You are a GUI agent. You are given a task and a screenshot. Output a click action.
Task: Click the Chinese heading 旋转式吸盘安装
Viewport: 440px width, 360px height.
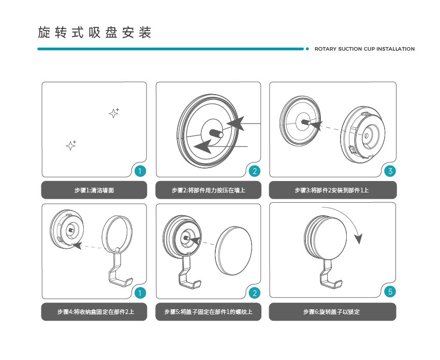coord(95,33)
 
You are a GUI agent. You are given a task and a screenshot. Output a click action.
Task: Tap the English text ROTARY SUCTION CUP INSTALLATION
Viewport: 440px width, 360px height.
coord(364,49)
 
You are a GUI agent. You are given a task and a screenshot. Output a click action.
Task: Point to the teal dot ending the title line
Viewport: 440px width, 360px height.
coord(307,49)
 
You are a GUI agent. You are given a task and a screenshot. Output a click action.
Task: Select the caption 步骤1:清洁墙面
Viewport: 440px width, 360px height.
coord(94,190)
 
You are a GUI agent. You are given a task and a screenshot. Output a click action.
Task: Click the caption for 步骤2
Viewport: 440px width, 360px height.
coord(208,190)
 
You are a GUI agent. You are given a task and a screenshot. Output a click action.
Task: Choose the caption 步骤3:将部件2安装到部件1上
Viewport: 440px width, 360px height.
coord(332,190)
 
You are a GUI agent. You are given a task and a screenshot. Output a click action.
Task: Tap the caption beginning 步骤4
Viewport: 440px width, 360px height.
coord(96,312)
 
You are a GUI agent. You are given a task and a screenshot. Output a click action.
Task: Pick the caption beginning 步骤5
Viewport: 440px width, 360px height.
coord(208,312)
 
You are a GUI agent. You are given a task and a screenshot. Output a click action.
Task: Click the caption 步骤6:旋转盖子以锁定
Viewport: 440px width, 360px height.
coord(331,312)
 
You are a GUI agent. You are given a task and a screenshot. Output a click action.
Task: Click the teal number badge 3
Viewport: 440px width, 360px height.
coord(390,171)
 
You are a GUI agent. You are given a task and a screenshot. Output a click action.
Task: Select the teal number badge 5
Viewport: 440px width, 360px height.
coord(390,292)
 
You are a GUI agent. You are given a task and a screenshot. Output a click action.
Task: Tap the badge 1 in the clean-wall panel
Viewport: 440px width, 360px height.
coord(140,171)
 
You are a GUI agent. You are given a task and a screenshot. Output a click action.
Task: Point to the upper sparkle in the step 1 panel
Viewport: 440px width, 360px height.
coord(114,113)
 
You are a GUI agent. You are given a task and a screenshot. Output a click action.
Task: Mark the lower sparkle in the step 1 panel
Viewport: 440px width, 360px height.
coord(71,145)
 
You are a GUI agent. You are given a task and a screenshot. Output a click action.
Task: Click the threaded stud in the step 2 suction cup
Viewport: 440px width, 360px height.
coord(216,133)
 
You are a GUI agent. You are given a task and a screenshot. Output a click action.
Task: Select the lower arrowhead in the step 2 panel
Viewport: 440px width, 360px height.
coord(203,146)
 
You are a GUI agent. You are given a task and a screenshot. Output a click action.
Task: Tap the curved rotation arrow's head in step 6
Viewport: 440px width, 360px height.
coord(358,239)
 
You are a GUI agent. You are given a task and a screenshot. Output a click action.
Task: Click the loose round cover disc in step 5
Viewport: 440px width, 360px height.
coord(233,251)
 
